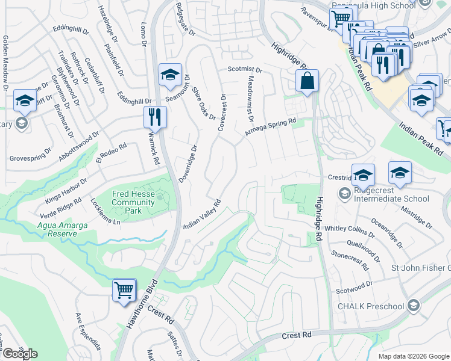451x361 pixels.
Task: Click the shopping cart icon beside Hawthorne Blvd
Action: [x=124, y=290]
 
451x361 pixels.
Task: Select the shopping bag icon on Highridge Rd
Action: [x=307, y=81]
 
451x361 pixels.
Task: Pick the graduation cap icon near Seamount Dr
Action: [x=170, y=75]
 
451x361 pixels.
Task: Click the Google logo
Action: [x=20, y=354]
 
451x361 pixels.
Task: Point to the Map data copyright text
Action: [x=413, y=356]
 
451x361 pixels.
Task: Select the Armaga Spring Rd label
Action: [x=271, y=127]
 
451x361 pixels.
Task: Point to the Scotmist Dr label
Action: [x=245, y=70]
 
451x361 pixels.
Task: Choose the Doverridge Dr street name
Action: [x=188, y=163]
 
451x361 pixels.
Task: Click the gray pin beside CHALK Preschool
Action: [x=413, y=306]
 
